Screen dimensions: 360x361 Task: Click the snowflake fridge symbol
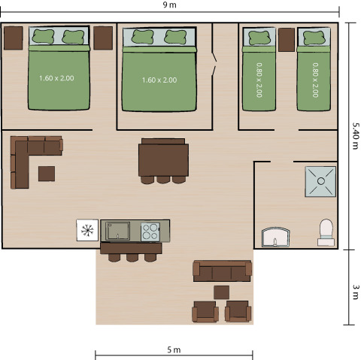point(87,229)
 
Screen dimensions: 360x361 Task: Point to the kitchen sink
point(116,230)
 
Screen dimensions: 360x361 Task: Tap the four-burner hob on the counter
point(150,230)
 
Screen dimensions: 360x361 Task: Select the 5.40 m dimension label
point(354,135)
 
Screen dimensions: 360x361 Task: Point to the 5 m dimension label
point(174,349)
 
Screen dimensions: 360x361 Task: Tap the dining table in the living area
point(162,159)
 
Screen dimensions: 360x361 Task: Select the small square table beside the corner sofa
point(47,174)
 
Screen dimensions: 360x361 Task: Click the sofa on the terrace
point(222,270)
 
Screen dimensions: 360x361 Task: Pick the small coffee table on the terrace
point(221,292)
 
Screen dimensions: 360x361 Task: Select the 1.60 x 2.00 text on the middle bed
point(159,80)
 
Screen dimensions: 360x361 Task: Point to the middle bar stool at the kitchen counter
point(132,256)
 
